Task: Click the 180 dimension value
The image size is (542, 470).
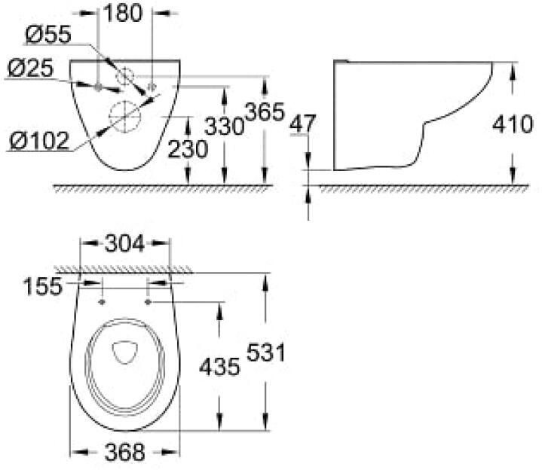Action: [x=123, y=14]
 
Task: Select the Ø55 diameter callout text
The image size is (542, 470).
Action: [x=48, y=35]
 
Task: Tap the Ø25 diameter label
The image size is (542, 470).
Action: [x=30, y=68]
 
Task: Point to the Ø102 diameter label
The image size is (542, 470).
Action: [x=39, y=141]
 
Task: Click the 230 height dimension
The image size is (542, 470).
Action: [x=188, y=149]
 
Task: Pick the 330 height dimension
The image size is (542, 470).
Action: [x=225, y=126]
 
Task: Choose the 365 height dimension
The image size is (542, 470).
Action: [x=265, y=112]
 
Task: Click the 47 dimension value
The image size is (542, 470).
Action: [x=303, y=124]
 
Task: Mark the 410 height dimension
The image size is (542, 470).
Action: [x=513, y=124]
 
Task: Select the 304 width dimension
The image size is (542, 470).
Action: [x=124, y=243]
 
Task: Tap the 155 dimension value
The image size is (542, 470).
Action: [x=42, y=286]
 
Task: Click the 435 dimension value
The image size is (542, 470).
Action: [x=219, y=366]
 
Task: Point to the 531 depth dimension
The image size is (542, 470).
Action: [x=265, y=352]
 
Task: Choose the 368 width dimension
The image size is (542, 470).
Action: [x=125, y=452]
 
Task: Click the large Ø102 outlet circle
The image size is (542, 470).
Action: [x=125, y=116]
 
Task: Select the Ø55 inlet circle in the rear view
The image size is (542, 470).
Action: [x=125, y=77]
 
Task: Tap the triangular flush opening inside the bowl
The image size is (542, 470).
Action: [x=125, y=352]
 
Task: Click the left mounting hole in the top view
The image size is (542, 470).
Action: [x=102, y=303]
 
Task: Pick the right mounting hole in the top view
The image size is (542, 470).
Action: [x=148, y=303]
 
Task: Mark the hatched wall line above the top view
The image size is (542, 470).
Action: [x=124, y=270]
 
